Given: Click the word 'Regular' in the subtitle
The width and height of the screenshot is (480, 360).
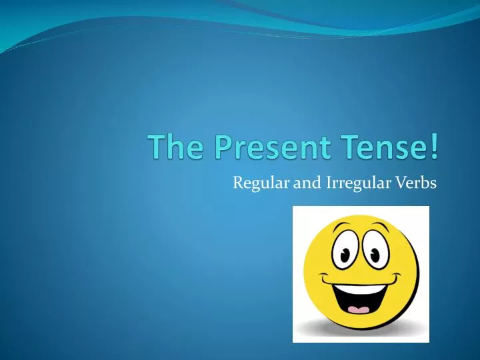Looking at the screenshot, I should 261,183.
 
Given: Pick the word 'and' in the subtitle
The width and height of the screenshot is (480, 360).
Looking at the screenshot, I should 307,182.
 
